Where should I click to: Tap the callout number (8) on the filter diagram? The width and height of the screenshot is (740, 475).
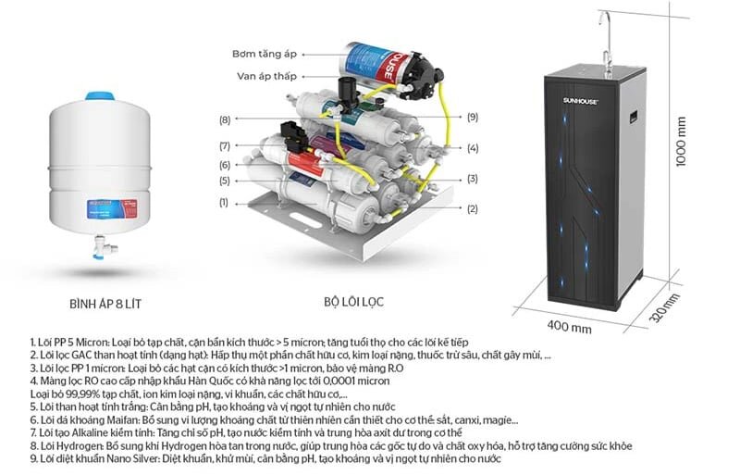[224, 119]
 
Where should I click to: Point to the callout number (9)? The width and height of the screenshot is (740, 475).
[473, 117]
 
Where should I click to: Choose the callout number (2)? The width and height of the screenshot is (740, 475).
[473, 209]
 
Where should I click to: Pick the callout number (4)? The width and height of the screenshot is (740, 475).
[473, 148]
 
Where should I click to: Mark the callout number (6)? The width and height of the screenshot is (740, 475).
[224, 166]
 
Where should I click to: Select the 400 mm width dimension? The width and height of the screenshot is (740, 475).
[568, 327]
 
